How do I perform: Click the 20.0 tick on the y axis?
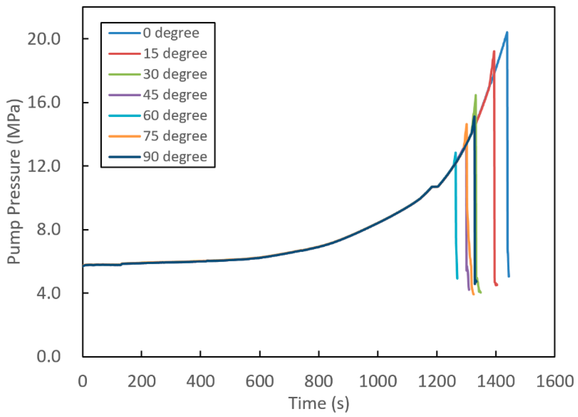[44, 39]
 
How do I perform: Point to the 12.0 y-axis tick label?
[44, 166]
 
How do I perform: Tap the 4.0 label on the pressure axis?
[48, 293]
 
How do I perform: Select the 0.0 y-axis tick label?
[48, 356]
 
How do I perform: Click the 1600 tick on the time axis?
[555, 382]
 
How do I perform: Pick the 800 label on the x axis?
[319, 382]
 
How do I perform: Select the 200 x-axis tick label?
[141, 382]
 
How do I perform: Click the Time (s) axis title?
[319, 403]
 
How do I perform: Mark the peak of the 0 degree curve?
[507, 39]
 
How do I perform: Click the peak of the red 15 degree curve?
[494, 51]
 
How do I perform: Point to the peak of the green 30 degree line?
[476, 95]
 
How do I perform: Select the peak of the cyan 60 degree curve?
[455, 153]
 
